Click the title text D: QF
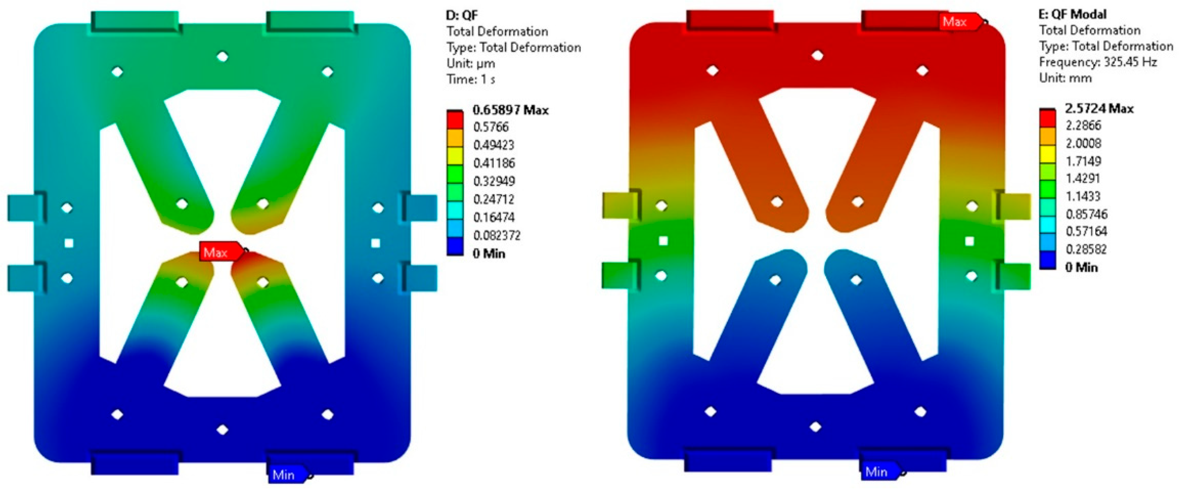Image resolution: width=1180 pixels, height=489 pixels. [x=462, y=15]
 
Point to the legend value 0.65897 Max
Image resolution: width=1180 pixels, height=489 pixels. [x=510, y=110]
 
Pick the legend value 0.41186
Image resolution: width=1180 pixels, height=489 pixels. [x=494, y=163]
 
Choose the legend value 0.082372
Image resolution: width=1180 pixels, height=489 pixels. [x=497, y=235]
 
